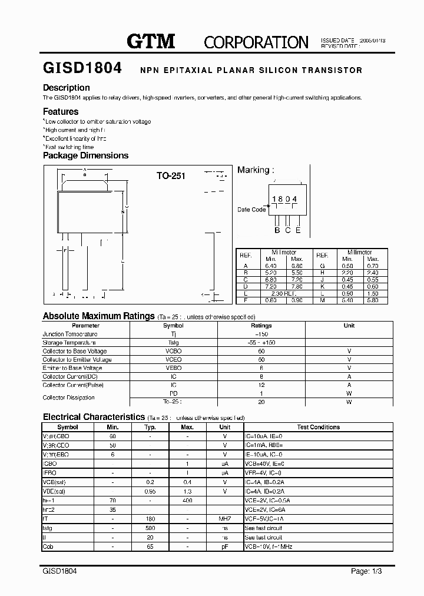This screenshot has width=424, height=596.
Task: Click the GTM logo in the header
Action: click(151, 41)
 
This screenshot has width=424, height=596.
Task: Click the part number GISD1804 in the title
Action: click(82, 68)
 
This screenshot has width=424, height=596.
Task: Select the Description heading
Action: click(66, 88)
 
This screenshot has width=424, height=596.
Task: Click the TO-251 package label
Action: click(171, 176)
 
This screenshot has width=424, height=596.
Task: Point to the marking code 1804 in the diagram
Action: click(284, 200)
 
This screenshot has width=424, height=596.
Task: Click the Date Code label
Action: click(251, 210)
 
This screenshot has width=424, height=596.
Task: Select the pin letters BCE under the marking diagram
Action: click(287, 230)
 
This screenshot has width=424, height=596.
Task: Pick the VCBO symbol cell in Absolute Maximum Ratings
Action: click(173, 351)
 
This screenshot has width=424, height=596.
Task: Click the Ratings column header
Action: click(261, 326)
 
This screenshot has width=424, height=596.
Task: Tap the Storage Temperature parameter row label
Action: click(69, 343)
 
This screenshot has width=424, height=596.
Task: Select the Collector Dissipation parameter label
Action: click(68, 398)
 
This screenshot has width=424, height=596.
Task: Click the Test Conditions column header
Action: click(318, 427)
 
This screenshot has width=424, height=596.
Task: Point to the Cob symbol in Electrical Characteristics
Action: click(48, 547)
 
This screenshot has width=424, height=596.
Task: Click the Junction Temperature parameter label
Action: click(69, 334)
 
